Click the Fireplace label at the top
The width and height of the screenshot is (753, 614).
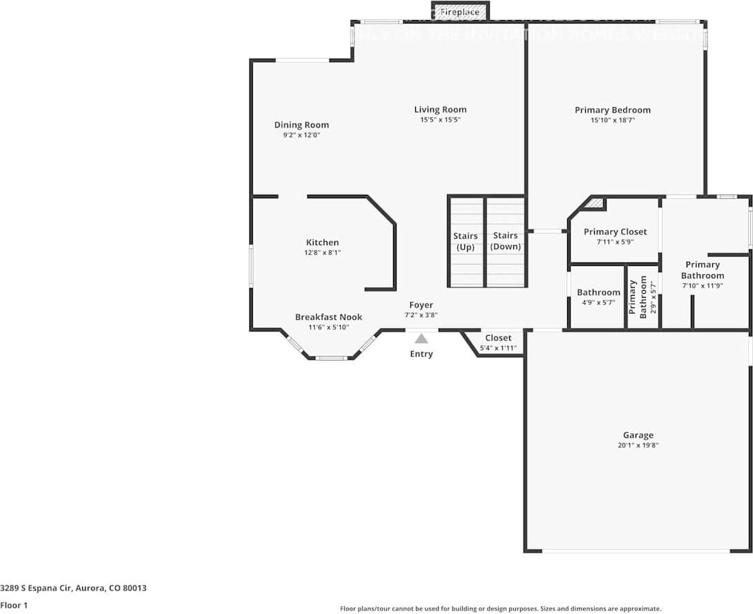459,12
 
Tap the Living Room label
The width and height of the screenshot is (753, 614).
440,109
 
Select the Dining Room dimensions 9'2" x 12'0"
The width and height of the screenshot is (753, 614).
301,135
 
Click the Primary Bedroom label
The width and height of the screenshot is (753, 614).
612,110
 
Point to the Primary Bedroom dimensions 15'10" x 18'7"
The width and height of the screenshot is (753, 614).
612,120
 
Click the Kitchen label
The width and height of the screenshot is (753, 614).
323,242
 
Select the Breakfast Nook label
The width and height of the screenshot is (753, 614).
328,317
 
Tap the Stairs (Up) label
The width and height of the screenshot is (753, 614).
466,241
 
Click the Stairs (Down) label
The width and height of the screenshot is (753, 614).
505,241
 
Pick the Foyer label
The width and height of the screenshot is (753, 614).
421,305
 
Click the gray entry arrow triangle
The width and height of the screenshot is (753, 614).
421,338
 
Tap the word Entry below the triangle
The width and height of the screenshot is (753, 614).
421,354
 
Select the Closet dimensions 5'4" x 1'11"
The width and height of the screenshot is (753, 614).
498,347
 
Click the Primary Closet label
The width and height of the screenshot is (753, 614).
615,231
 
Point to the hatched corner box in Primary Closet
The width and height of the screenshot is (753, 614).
597,204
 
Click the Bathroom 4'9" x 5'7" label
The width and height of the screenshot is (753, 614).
598,292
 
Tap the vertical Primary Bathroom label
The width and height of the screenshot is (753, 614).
638,296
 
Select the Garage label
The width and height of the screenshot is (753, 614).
638,435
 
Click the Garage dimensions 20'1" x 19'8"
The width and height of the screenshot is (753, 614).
638,445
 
